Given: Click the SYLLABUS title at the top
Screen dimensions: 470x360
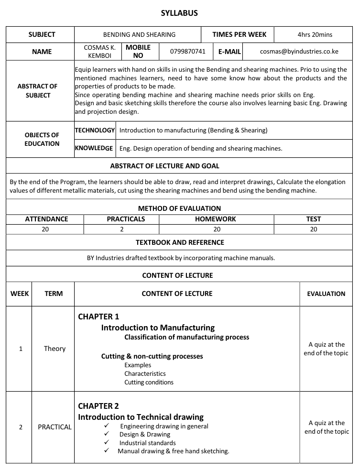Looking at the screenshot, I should pos(179,13).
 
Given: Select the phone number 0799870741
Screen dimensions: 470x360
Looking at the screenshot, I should pos(188,51).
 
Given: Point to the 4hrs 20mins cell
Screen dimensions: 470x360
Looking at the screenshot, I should pos(315,34).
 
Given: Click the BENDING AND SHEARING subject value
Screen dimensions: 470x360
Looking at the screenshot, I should pos(139,34).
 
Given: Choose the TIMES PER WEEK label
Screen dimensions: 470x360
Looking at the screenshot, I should pos(236,34).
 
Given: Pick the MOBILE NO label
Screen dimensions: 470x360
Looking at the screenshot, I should pos(138,51).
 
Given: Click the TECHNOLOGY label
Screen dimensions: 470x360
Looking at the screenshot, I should pos(95,130).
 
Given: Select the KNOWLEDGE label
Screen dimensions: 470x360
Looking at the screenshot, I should pos(94,148).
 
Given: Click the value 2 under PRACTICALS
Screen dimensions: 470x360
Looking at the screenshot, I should pos(122,229).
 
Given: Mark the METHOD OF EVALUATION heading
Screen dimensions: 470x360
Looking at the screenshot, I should pos(179,208).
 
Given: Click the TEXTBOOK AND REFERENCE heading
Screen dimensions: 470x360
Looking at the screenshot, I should pos(180,242).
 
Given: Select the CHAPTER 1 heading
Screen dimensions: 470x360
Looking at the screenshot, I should pos(98,317).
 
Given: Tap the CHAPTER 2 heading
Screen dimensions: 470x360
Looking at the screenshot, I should pos(98,406).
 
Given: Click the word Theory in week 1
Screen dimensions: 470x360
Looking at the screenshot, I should pos(55,349).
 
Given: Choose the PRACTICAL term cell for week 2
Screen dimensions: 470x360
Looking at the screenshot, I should pos(55,427).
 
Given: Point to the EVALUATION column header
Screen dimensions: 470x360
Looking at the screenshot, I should pos(326,294).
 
